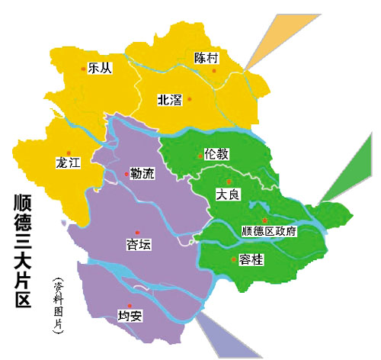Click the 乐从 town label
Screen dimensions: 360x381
pyautogui.click(x=100, y=68)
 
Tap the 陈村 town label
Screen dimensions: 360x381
pyautogui.click(x=207, y=58)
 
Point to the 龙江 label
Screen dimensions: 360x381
pyautogui.click(x=68, y=163)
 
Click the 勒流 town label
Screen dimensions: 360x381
pyautogui.click(x=142, y=174)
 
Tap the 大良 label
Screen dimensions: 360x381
pyautogui.click(x=229, y=194)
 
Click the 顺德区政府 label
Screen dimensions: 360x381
pyautogui.click(x=268, y=231)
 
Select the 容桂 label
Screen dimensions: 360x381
pyautogui.click(x=251, y=260)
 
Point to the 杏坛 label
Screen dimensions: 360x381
pyautogui.click(x=139, y=245)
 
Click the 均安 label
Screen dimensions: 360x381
pyautogui.click(x=130, y=314)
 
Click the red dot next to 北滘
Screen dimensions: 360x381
pyautogui.click(x=190, y=99)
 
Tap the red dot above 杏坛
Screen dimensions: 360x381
pyautogui.click(x=137, y=233)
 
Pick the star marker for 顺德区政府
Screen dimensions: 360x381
pyautogui.click(x=264, y=220)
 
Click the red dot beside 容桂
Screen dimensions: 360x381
pyautogui.click(x=233, y=260)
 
